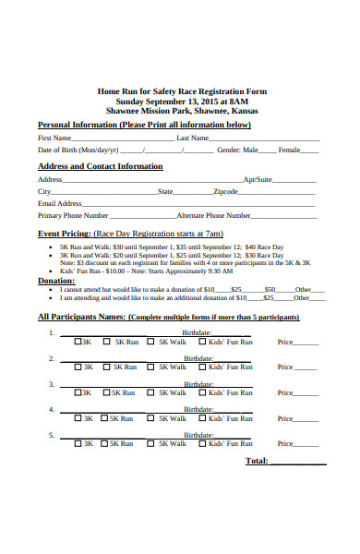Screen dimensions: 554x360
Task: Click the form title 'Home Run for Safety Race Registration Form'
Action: [x=181, y=91]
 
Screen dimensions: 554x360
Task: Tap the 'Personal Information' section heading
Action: [x=144, y=125]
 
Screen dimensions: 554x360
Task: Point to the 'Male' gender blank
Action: [x=266, y=151]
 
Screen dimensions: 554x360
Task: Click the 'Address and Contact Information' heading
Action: [x=100, y=166]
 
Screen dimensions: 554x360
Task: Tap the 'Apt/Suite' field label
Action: [x=257, y=179]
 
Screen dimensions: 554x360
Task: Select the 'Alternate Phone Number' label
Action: [x=213, y=215]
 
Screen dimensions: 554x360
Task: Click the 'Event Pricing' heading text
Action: [x=64, y=234]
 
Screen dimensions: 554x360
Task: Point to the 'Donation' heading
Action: [x=55, y=280]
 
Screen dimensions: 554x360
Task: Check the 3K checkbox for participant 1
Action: [x=78, y=342]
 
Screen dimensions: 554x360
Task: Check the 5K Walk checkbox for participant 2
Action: [x=152, y=367]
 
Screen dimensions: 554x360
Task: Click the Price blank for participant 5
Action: [x=307, y=443]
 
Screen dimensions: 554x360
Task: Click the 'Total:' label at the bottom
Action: [x=257, y=461]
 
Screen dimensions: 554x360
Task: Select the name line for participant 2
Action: [x=102, y=358]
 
